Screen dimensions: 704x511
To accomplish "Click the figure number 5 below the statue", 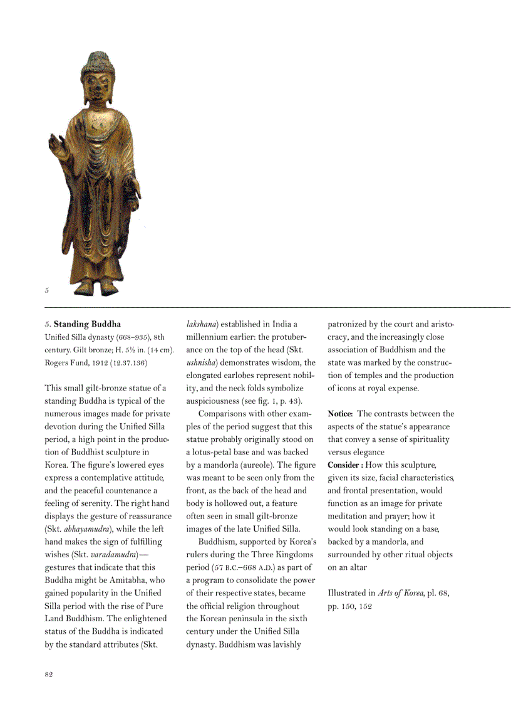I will pos(47,290).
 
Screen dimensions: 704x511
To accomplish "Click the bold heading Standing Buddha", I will pos(87,324).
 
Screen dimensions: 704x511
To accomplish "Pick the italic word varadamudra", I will pos(113,554).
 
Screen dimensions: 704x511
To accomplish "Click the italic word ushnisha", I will pos(200,362).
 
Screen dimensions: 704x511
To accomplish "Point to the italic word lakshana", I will pos(200,324).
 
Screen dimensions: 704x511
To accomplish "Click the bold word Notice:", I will pos(341,414).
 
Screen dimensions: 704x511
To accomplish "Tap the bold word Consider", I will pos(343,465).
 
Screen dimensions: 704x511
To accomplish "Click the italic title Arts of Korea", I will pos(400,592).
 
